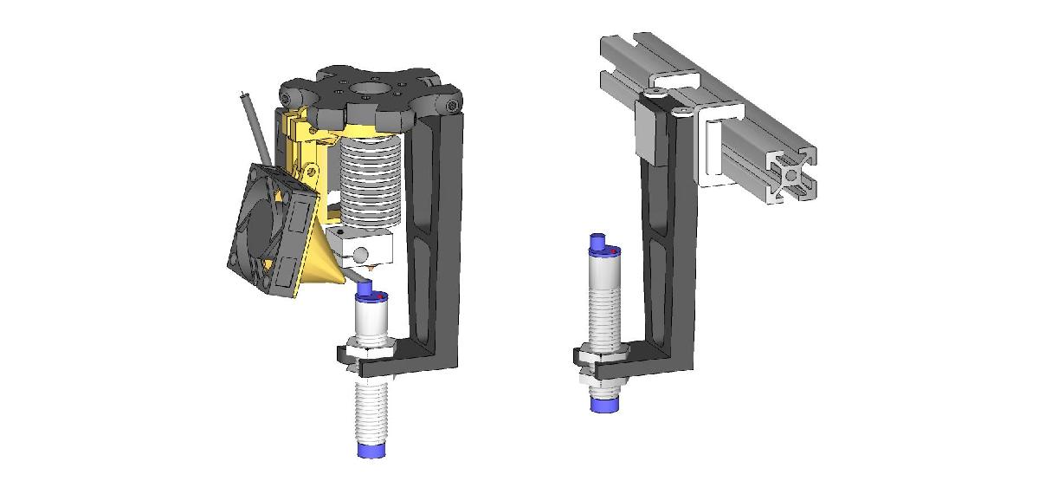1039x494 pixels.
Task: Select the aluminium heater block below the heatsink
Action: click(x=369, y=250)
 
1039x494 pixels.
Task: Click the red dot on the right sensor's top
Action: click(x=614, y=251)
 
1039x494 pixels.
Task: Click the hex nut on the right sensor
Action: click(x=592, y=358)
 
